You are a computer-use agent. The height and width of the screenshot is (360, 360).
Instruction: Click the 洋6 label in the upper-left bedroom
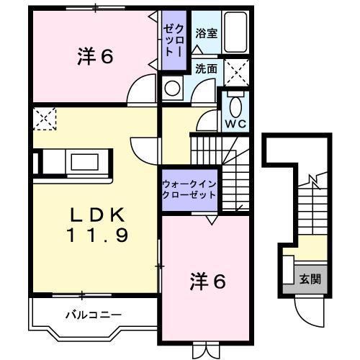coord(95,56)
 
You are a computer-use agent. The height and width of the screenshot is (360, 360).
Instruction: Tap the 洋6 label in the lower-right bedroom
coord(208,280)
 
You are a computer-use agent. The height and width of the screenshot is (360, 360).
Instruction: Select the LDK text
coord(98,215)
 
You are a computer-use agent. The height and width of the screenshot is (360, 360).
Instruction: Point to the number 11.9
coord(98,234)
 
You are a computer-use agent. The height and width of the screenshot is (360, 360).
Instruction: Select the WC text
coord(236,122)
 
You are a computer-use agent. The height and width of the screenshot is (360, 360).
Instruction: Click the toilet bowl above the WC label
coord(236,105)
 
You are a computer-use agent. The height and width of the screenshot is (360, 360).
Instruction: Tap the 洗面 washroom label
coord(207,69)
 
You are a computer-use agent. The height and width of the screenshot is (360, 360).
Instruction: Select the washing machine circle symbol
coord(173,89)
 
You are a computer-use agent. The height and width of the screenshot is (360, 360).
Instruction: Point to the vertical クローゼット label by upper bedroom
coord(171,40)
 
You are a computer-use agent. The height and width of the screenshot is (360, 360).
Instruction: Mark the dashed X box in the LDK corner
coord(45,117)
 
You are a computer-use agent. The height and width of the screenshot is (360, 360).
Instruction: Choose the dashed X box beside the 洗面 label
coord(236,71)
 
